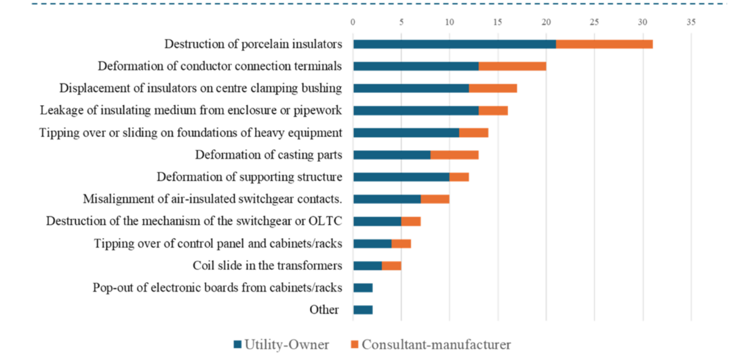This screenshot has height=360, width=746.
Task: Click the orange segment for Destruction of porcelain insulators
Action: click(x=604, y=44)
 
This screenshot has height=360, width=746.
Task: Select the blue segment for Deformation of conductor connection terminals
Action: click(x=416, y=66)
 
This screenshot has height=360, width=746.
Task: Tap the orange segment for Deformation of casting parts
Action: click(x=454, y=155)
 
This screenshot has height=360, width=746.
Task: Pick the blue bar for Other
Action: click(x=363, y=310)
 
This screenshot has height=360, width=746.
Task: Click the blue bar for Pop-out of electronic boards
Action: click(x=363, y=288)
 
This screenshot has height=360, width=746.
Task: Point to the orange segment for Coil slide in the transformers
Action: click(x=391, y=266)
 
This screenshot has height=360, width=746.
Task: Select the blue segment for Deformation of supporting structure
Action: click(x=401, y=177)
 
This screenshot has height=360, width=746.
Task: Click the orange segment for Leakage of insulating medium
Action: click(x=493, y=111)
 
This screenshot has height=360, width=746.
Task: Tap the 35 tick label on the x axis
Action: click(x=690, y=22)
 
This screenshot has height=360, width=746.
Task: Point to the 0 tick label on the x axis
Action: click(x=353, y=22)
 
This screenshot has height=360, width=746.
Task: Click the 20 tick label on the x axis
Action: click(x=546, y=22)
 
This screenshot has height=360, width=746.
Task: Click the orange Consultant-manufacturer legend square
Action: click(x=355, y=344)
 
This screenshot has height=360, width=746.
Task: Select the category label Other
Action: click(x=324, y=310)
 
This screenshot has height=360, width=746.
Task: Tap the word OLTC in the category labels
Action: click(x=328, y=221)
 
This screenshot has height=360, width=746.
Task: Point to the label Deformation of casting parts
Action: click(x=269, y=155)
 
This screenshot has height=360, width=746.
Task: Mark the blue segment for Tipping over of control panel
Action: click(x=372, y=243)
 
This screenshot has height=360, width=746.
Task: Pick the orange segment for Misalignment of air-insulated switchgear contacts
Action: click(x=435, y=199)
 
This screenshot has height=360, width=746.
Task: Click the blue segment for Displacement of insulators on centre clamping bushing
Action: click(x=411, y=88)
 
